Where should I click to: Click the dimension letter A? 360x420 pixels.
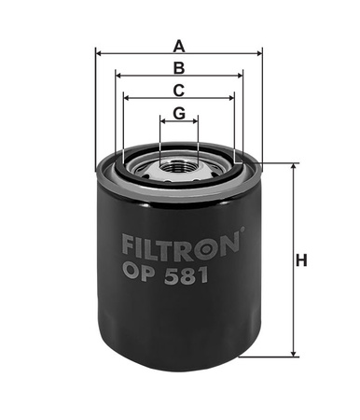point(179,46)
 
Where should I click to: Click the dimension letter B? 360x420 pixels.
point(179,68)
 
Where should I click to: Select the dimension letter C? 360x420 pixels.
point(179,91)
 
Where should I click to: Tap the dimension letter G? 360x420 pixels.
point(179,113)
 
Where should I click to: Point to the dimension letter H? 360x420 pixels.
point(301,260)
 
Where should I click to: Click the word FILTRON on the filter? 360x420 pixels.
point(181,247)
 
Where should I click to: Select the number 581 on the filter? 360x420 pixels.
point(187,276)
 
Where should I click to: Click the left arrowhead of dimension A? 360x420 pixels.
point(99,54)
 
